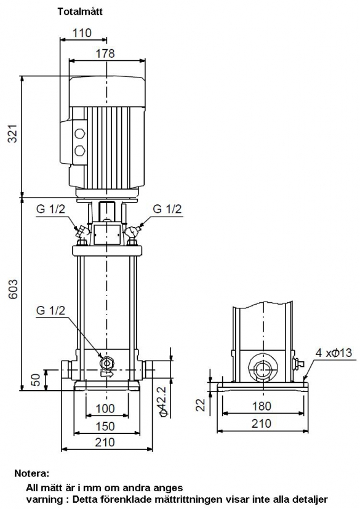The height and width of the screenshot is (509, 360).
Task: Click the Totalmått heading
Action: pyautogui.click(x=80, y=12)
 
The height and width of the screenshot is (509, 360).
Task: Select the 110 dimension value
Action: pyautogui.click(x=82, y=33)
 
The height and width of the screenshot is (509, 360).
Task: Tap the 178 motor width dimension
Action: pyautogui.click(x=105, y=53)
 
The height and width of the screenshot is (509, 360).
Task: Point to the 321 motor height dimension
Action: pyautogui.click(x=13, y=133)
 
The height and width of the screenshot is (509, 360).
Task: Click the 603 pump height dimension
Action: pyautogui.click(x=13, y=289)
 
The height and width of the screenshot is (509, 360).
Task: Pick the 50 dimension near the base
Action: pyautogui.click(x=36, y=380)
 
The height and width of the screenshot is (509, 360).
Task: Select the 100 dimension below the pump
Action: pyautogui.click(x=105, y=408)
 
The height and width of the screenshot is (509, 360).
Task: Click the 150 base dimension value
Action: pyautogui.click(x=105, y=427)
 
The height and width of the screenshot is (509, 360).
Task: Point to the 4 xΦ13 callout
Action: pyautogui.click(x=334, y=353)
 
